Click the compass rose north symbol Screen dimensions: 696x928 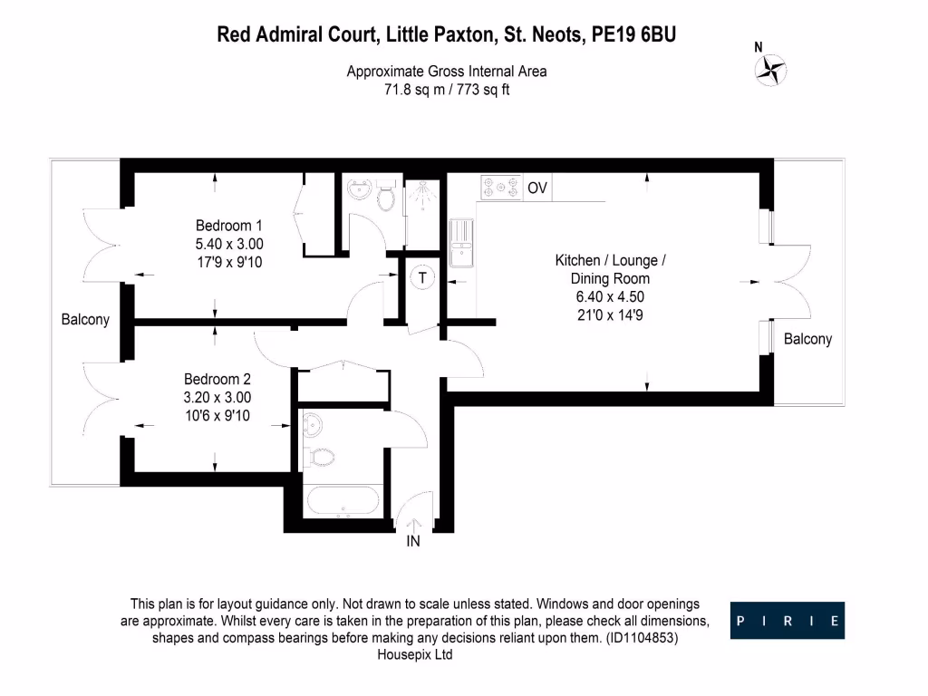[x=773, y=69]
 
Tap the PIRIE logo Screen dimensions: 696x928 [x=788, y=621]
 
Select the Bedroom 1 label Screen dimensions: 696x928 [x=229, y=226]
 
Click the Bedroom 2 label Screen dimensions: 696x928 [x=217, y=380]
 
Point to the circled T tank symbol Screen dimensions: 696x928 [x=421, y=278]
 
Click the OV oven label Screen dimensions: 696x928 [x=537, y=188]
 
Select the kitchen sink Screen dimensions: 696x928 [x=461, y=244]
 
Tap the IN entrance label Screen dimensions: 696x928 [x=413, y=543]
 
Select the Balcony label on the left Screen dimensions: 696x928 [x=85, y=320]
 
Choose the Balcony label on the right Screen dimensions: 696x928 [x=807, y=339]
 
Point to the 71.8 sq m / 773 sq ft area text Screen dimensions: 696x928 [x=447, y=90]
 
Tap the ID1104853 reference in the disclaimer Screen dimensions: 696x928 [x=639, y=638]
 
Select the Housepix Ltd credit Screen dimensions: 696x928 [x=414, y=654]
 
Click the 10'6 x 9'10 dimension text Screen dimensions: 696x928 [x=217, y=416]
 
